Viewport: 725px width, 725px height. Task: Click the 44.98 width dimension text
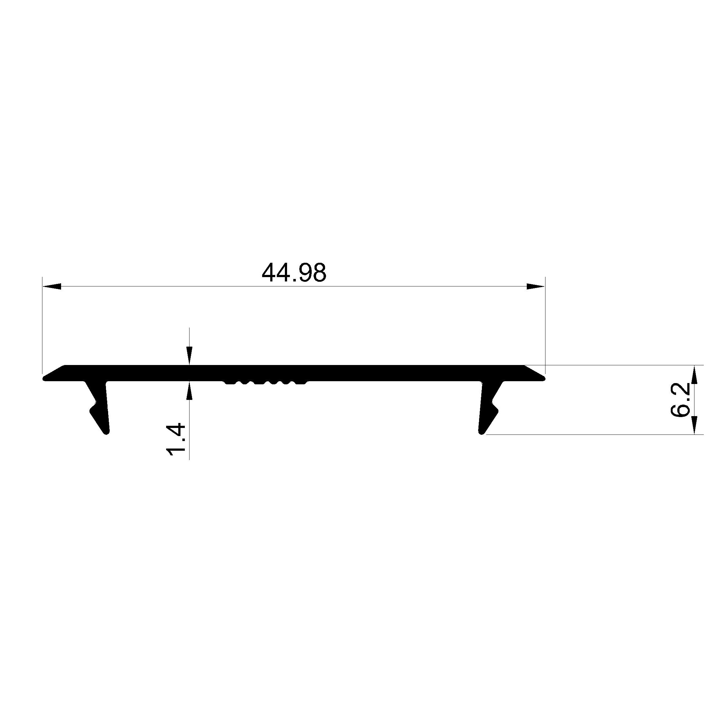tap(294, 272)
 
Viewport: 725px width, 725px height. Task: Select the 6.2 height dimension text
tap(680, 400)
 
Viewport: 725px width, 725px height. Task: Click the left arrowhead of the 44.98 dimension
tap(52, 286)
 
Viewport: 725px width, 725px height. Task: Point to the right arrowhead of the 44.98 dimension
tap(535, 286)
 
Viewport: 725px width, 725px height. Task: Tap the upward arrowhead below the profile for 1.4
tap(190, 391)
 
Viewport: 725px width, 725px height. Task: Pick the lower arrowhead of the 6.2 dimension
tap(694, 425)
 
